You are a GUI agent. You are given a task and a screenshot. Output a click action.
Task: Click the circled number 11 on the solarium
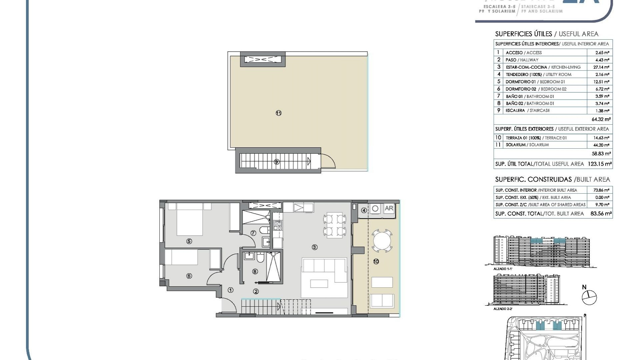click(x=279, y=113)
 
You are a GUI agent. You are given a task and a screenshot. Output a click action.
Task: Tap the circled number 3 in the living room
click(x=314, y=247)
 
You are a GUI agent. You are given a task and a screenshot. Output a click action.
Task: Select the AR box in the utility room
click(x=389, y=209)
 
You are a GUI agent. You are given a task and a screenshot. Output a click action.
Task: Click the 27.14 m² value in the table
click(x=602, y=67)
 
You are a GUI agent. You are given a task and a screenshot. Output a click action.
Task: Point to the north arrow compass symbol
click(x=589, y=297)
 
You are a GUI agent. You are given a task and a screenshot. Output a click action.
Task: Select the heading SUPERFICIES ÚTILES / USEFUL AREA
click(x=547, y=34)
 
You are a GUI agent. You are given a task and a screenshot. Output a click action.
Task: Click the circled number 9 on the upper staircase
click(x=276, y=162)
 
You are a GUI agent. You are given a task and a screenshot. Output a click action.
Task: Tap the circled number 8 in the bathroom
click(x=255, y=271)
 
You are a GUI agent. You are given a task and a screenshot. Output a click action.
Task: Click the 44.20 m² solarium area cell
click(x=602, y=145)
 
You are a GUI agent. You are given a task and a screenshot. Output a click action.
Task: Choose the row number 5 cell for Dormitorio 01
click(x=499, y=82)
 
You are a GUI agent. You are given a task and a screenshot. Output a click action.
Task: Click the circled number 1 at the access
click(x=230, y=290)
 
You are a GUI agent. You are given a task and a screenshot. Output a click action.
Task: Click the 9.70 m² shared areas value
click(x=602, y=205)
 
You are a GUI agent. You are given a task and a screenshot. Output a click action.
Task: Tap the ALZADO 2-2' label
click(x=503, y=309)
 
